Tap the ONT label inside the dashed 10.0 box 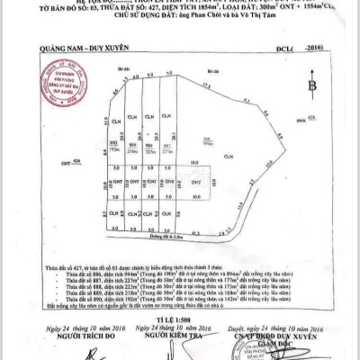coord(209,182)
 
